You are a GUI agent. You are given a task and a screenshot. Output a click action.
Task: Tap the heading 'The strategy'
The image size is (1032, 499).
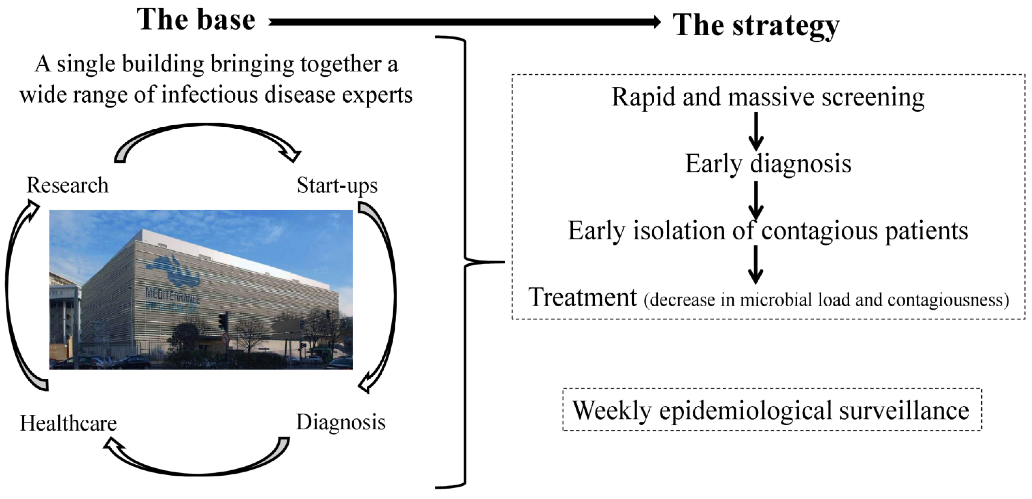(x=756, y=25)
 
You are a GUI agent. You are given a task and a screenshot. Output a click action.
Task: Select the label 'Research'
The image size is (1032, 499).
(x=67, y=185)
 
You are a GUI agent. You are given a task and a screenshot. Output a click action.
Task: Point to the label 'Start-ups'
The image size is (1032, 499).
(x=337, y=185)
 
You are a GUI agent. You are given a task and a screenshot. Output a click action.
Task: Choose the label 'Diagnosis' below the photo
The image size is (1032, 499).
(x=341, y=422)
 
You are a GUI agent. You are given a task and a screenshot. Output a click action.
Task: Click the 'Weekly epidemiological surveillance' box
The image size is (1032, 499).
(x=772, y=410)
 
